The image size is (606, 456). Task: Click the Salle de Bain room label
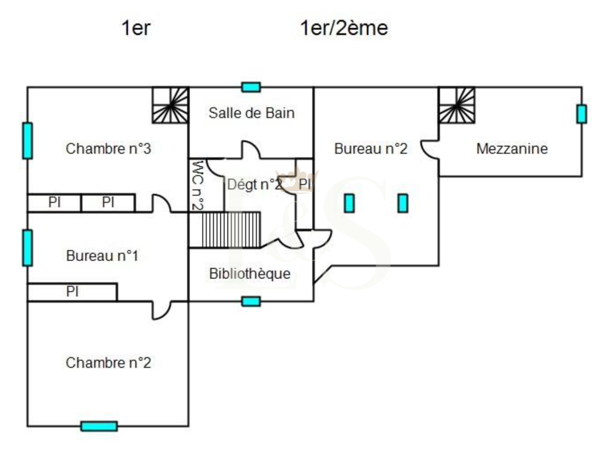(x=251, y=113)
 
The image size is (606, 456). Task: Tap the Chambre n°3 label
(x=108, y=148)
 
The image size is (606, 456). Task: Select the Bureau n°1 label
(x=102, y=256)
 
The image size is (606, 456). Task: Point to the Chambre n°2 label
(x=108, y=363)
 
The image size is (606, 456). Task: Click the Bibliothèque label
(x=250, y=274)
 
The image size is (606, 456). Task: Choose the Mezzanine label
(x=512, y=148)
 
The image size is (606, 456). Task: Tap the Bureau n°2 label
(x=371, y=148)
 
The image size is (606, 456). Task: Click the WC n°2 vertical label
(x=198, y=185)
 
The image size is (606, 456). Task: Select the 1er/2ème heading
(x=344, y=28)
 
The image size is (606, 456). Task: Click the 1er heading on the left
(x=136, y=28)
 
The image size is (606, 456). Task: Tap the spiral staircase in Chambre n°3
(x=170, y=105)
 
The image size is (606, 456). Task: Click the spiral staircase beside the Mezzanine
(x=457, y=105)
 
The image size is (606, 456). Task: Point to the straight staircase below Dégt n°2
(x=231, y=230)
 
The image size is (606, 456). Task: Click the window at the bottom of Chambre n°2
(x=99, y=426)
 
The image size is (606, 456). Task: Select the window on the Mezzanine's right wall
(x=582, y=114)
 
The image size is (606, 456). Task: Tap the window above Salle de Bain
(x=251, y=87)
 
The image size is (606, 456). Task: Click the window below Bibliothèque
(x=251, y=302)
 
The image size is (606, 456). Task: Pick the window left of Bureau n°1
(x=27, y=248)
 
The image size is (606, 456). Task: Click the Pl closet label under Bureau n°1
(x=72, y=292)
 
